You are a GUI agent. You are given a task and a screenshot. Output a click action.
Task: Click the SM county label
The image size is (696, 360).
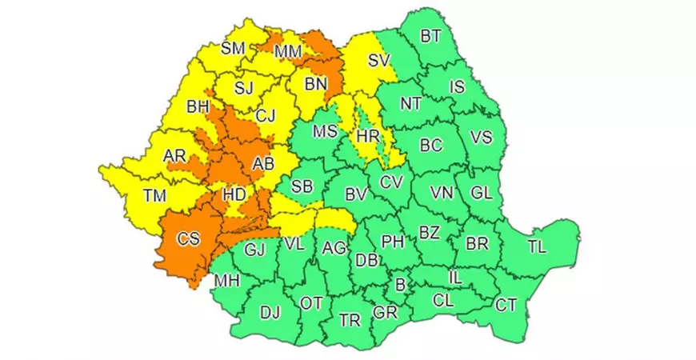coord(233,49)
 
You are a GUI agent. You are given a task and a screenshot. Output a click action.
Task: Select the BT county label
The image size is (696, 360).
coord(430,36)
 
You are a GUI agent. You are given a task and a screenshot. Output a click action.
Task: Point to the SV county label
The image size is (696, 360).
coord(378,59)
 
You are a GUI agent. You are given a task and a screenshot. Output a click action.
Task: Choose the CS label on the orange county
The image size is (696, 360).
coord(189,239)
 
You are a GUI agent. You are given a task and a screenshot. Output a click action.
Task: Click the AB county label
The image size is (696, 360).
coord(263,163)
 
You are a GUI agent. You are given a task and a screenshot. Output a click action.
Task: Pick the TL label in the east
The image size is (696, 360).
coord(537,247)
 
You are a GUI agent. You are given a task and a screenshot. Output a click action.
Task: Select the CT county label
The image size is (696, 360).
coord(505,305)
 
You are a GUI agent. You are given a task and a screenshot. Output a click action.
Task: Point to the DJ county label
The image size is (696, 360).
coord(270,313)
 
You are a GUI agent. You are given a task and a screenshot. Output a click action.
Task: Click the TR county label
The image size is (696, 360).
coord(350,321)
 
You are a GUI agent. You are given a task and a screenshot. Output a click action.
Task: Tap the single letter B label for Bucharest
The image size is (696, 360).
coord(401,283)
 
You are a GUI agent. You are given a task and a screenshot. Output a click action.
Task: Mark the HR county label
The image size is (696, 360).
coord(368,137)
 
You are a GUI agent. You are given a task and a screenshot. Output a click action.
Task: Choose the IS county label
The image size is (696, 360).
coord(457,87)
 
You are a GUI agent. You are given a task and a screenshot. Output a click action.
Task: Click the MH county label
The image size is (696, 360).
coord(226,281)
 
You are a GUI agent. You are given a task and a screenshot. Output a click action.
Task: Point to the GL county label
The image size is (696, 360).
coord(482,193)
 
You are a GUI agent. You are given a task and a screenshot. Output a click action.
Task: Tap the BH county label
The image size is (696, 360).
coord(198,106)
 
